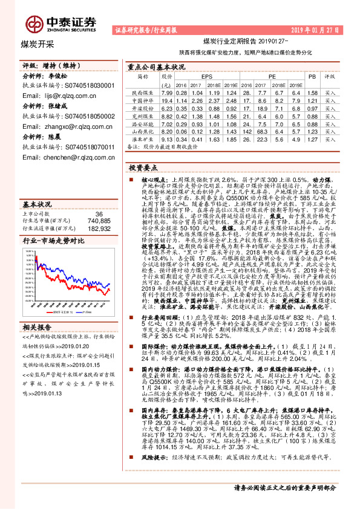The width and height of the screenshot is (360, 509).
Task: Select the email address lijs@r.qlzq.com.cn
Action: [x=58, y=95]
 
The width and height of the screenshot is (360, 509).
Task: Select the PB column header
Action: [x=312, y=77]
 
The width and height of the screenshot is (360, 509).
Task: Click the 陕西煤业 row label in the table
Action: [x=142, y=93]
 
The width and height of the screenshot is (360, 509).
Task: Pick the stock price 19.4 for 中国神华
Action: [x=168, y=100]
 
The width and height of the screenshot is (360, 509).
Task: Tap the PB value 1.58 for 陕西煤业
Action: [x=312, y=93]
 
